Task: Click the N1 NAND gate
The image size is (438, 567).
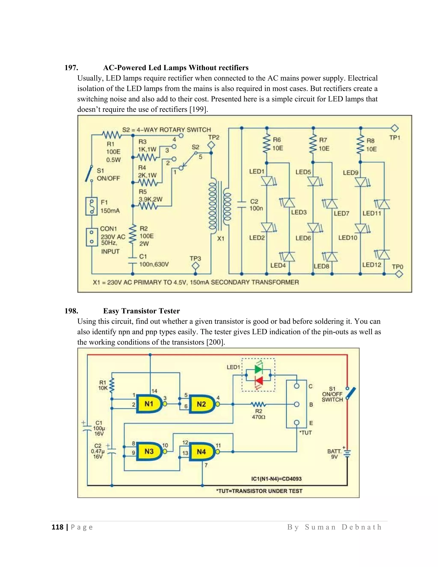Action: point(149,404)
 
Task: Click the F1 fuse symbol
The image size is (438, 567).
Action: point(91,206)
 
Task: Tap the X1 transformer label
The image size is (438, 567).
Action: point(220,238)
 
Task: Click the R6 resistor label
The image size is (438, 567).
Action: point(277,140)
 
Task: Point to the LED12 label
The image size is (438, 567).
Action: point(371,265)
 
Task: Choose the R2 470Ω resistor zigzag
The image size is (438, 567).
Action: point(258,404)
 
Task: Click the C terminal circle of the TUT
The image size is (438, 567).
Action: point(297,386)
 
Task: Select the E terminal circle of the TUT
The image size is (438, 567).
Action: point(297,423)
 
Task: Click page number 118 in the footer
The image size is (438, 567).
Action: point(58,527)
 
